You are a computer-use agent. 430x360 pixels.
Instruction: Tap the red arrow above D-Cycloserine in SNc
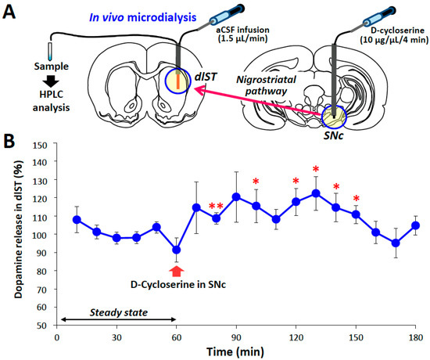coord(177,271)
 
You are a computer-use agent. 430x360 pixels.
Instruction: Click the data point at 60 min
coord(177,250)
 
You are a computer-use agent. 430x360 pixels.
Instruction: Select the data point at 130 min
coord(316,193)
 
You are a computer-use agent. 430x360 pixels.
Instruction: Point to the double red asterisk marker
coord(216,207)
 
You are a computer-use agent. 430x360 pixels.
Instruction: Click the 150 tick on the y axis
coord(41,145)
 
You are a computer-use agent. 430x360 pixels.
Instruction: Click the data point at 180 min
coord(416,225)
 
